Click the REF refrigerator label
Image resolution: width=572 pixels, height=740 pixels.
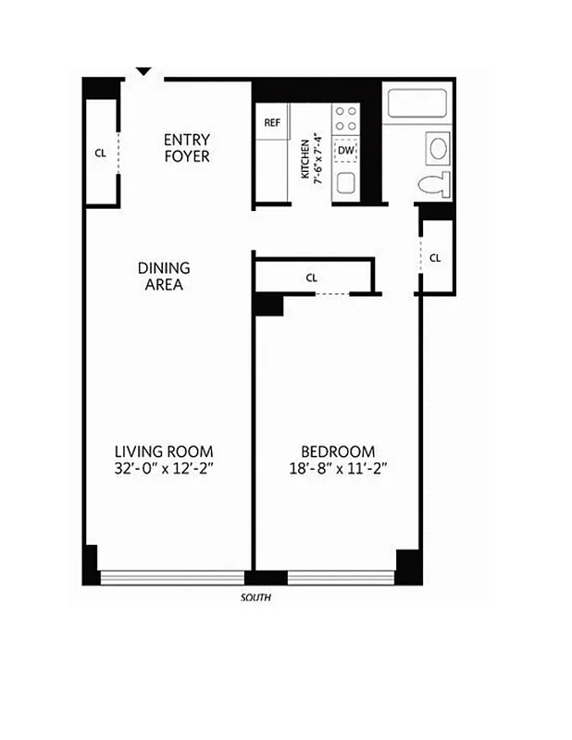pos(272,122)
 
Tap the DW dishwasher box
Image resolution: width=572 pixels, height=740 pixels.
pos(345,150)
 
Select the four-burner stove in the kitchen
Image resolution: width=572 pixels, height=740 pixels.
pos(345,118)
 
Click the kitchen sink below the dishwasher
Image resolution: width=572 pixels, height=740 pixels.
pos(345,183)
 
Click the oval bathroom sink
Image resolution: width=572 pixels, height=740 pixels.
pos(437,147)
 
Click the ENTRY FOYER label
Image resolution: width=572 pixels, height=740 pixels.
pos(187,148)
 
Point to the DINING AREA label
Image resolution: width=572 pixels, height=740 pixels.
pos(164,276)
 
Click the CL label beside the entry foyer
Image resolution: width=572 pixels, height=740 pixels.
pos(100,154)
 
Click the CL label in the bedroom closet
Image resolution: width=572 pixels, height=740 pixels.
pos(312,277)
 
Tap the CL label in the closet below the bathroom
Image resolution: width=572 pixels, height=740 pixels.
pos(435,257)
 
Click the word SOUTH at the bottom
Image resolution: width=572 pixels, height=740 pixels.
pos(255,598)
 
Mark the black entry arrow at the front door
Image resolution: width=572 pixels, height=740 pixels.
pos(143,71)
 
